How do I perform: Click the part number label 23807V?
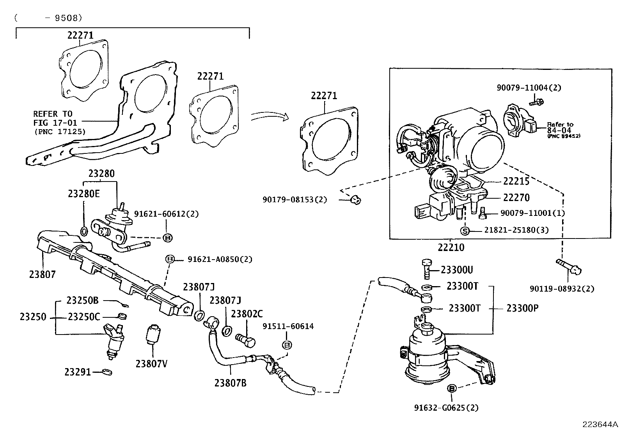coord(151,363)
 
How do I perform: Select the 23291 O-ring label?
coord(77,372)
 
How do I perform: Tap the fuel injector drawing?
coord(114,340)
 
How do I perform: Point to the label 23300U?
coord(457,270)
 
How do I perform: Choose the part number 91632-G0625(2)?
coord(446,408)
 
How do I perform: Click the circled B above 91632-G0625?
coord(452,388)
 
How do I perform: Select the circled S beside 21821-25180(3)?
coord(464,231)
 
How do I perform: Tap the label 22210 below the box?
coord(451,247)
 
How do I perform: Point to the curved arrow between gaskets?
coord(269,116)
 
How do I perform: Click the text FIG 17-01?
coord(55,123)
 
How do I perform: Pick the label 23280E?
coord(83,194)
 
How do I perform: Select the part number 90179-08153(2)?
coord(295,200)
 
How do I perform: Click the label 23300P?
coord(522,308)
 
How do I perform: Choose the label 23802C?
coord(247,314)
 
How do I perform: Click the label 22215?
coord(516,181)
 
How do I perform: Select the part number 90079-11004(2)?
coord(529,88)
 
